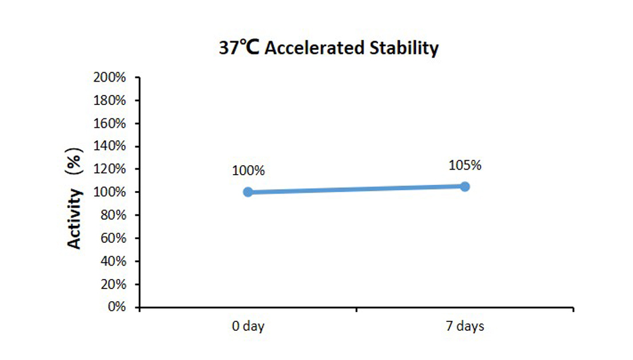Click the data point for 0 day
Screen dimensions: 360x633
(x=248, y=192)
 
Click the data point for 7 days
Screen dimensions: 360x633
(x=465, y=186)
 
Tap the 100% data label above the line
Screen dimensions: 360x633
(x=248, y=171)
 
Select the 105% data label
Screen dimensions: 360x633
(x=465, y=165)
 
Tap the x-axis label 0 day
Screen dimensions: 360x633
(x=248, y=326)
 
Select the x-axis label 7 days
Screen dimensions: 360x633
(x=465, y=326)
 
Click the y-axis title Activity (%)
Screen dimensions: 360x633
(x=75, y=202)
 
